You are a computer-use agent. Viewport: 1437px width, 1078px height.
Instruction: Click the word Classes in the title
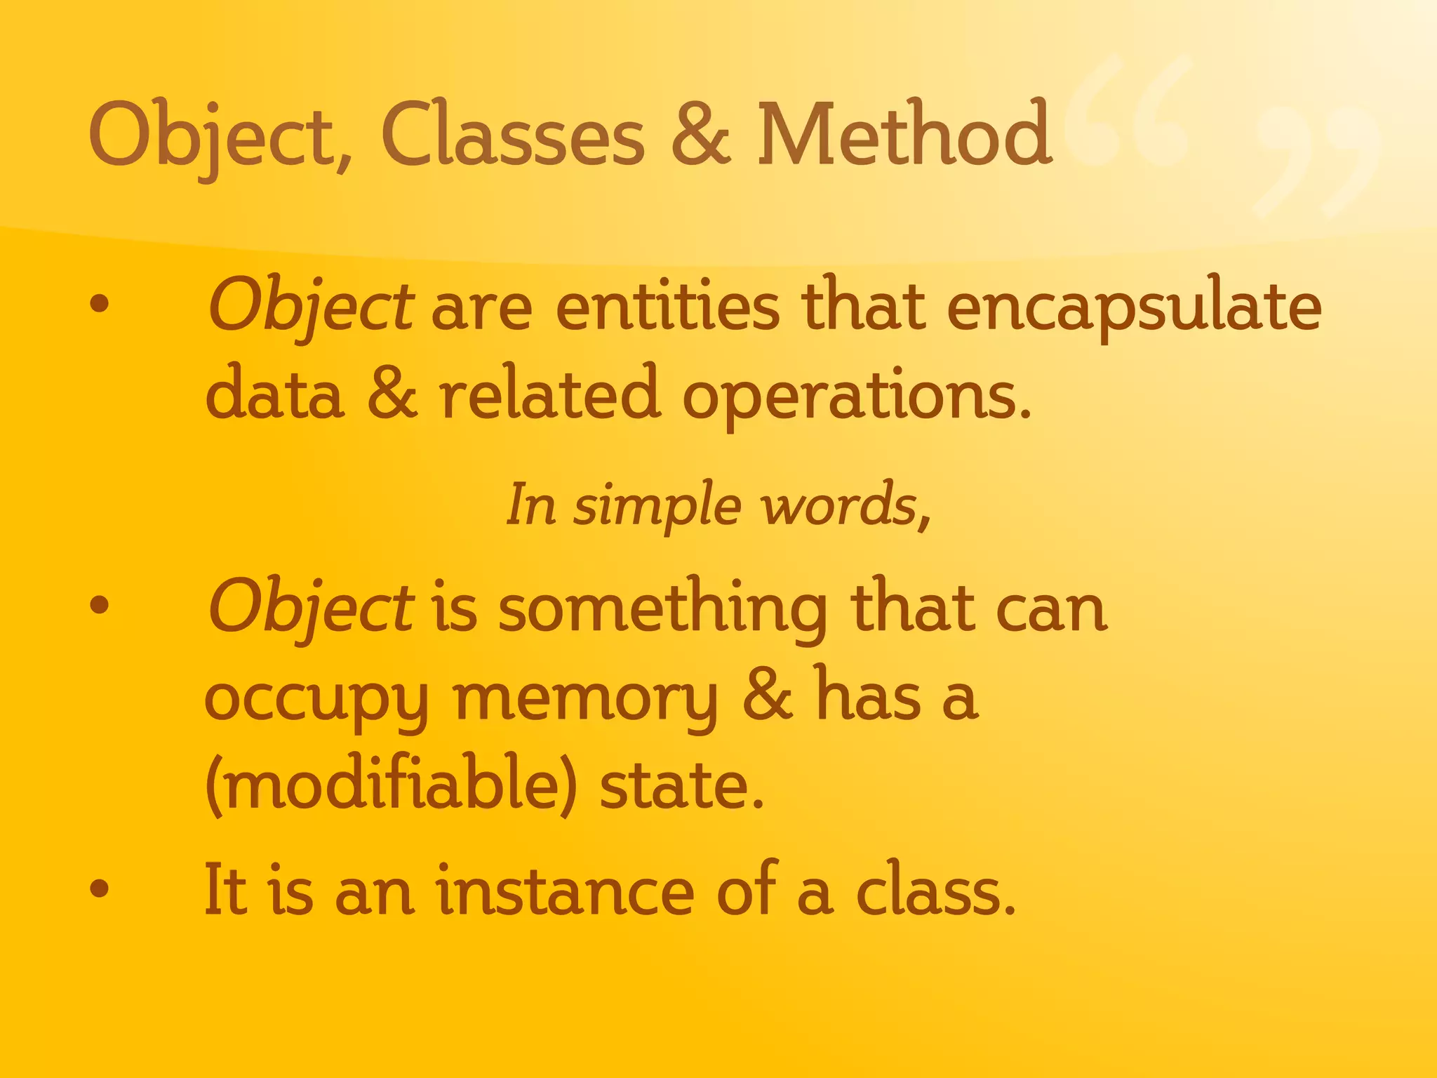click(512, 135)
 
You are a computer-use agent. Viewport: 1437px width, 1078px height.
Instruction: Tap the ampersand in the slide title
click(701, 135)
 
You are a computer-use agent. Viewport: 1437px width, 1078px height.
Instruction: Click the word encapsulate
click(1133, 309)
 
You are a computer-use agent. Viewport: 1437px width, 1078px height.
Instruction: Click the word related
click(550, 394)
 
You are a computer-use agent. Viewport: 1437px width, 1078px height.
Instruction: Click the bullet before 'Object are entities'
click(100, 304)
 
